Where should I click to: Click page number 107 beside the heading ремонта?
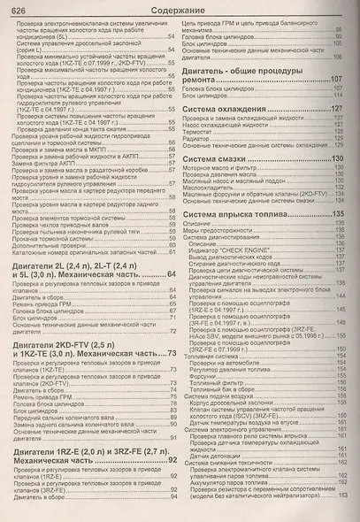tap(337, 79)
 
